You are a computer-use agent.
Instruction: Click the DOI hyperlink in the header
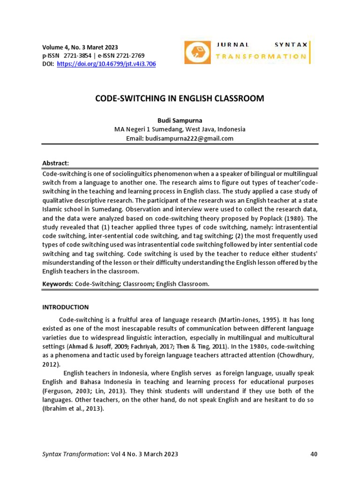point(106,64)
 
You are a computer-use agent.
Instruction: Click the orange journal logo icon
point(197,52)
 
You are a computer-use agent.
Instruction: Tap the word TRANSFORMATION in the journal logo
point(261,57)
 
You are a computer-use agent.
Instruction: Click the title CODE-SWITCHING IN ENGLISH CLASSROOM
point(180,98)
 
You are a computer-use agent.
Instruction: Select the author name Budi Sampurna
point(180,120)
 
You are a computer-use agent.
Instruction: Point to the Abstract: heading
point(56,163)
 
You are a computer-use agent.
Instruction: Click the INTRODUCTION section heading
point(66,307)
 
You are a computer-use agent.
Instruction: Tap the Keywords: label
point(58,284)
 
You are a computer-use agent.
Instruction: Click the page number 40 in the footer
point(314,454)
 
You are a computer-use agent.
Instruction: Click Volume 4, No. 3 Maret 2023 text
point(80,47)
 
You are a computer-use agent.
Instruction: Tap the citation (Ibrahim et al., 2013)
point(73,408)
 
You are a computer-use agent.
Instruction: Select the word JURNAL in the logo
point(232,45)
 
